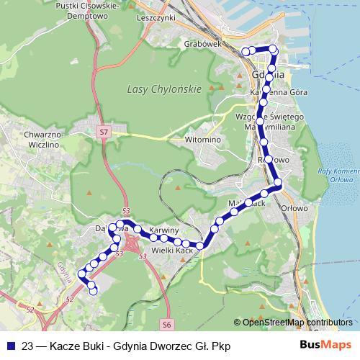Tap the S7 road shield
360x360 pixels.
pyautogui.click(x=104, y=132)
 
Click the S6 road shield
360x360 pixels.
pyautogui.click(x=167, y=325)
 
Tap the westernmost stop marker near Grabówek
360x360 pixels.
pyautogui.click(x=245, y=51)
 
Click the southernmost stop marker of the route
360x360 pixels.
pyautogui.click(x=93, y=289)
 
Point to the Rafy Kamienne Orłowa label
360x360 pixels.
pyautogui.click(x=337, y=175)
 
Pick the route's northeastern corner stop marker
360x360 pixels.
pyautogui.click(x=273, y=49)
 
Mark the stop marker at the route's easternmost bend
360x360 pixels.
pyautogui.click(x=278, y=184)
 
